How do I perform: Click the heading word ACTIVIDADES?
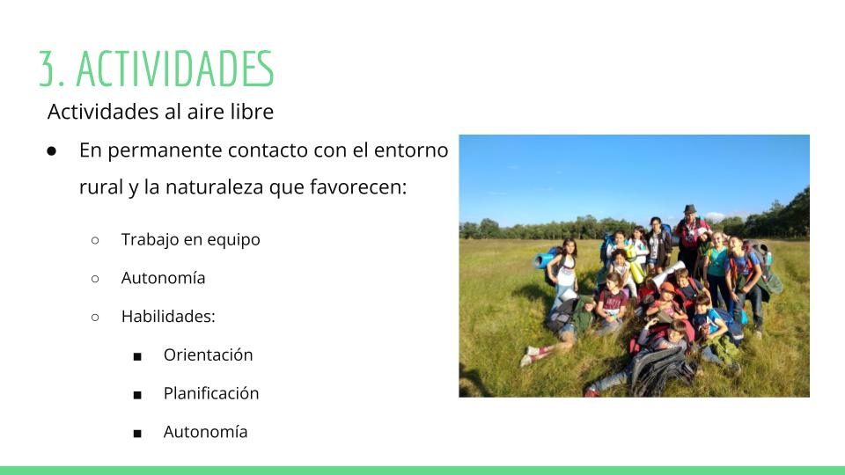point(175,69)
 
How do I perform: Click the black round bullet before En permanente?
point(51,151)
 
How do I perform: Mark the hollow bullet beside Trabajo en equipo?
point(95,240)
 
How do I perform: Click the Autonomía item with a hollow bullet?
point(163,278)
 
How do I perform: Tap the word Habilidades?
point(168,316)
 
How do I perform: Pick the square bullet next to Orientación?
point(137,356)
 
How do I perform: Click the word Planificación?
point(211,393)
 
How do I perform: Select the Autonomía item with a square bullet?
point(205,432)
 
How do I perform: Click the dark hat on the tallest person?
point(690,209)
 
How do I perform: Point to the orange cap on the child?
point(667,288)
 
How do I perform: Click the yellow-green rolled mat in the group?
point(635,265)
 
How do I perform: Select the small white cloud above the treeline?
point(715,216)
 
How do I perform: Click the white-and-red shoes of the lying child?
point(528,356)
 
